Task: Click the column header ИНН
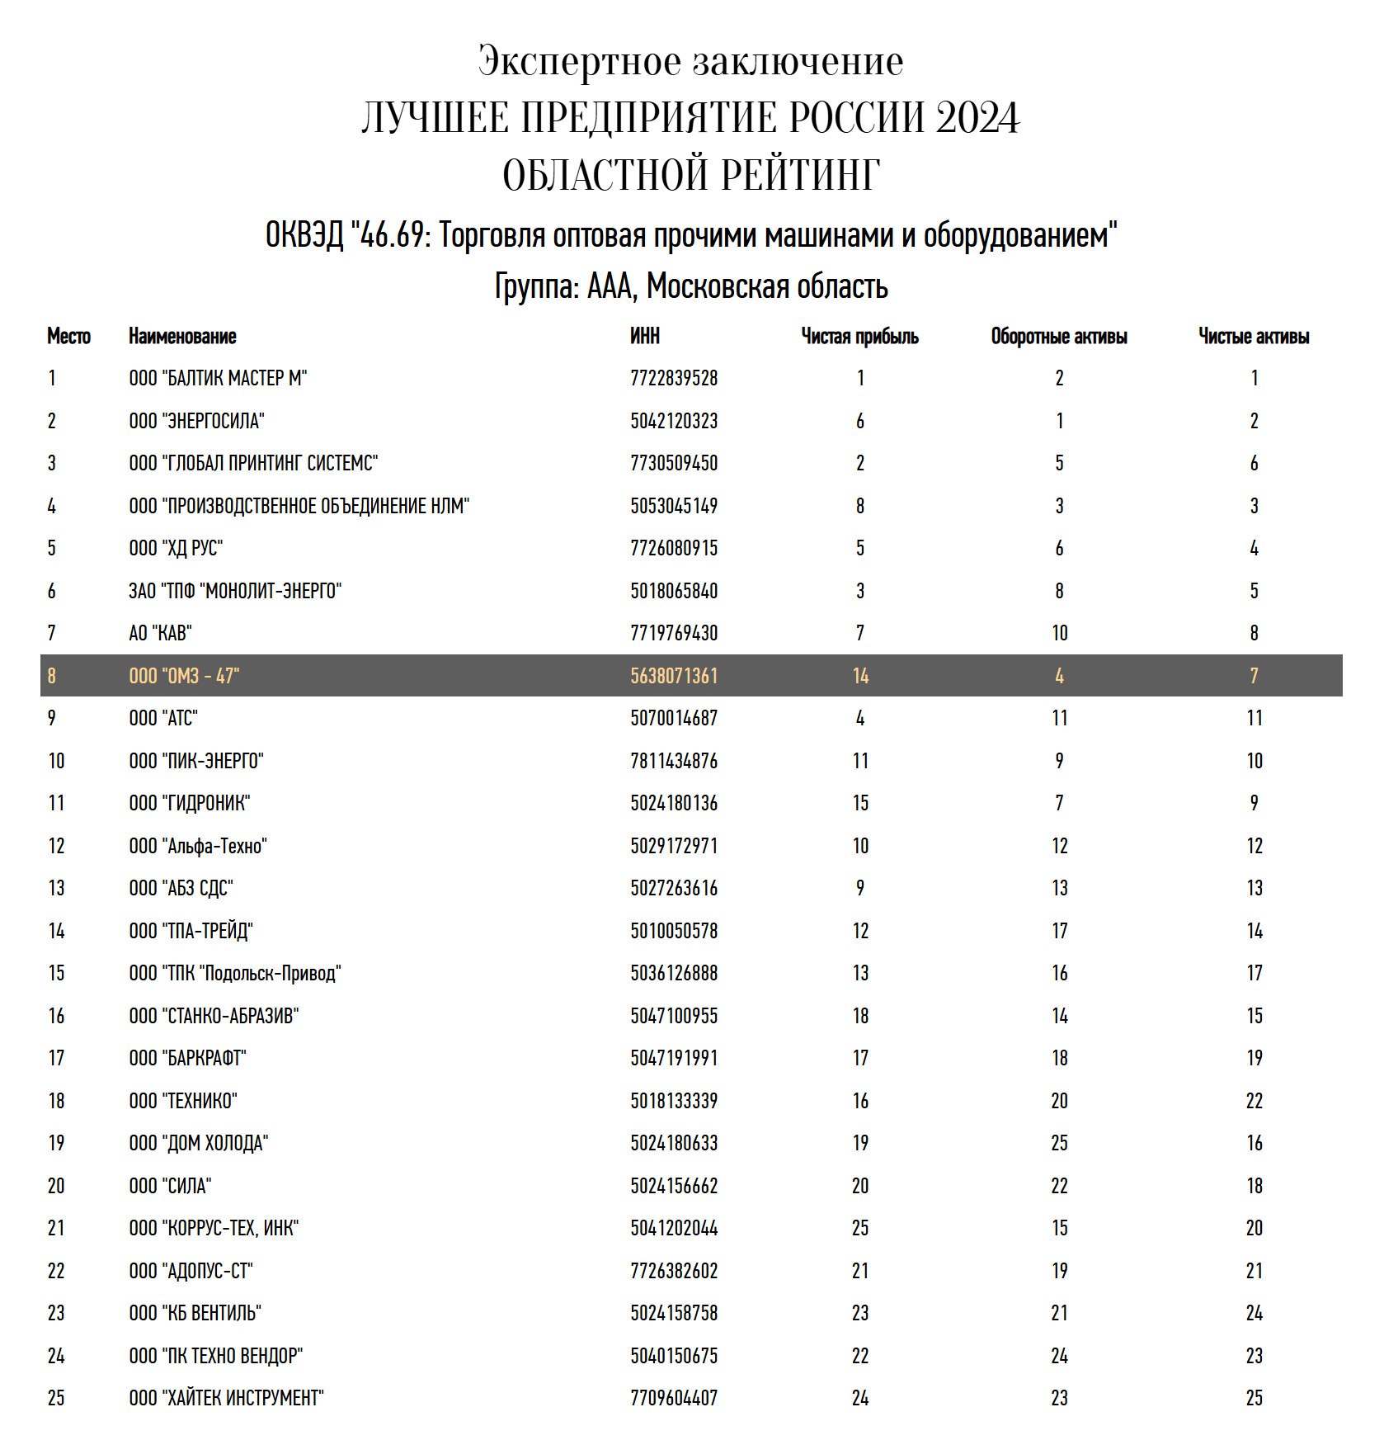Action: pos(645,337)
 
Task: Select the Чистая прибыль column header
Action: pos(859,337)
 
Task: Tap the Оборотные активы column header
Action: pos(1059,337)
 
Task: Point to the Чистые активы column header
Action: pos(1254,337)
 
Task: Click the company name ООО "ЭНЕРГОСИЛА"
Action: pos(196,421)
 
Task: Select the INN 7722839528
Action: pos(674,379)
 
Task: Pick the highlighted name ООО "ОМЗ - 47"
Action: pos(184,677)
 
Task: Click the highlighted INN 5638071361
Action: pos(674,677)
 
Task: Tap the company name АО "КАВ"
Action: pos(160,634)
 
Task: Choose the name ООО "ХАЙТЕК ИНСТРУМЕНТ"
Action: pos(226,1398)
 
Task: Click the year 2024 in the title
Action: pos(977,118)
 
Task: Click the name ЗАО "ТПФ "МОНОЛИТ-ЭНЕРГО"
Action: pos(235,591)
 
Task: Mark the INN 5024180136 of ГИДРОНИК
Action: pos(674,803)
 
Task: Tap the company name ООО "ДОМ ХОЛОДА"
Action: pos(199,1143)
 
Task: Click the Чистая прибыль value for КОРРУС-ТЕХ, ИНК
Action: pos(860,1228)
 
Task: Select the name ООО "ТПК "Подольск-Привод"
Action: pos(235,973)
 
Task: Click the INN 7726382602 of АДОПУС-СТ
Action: pos(674,1271)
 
